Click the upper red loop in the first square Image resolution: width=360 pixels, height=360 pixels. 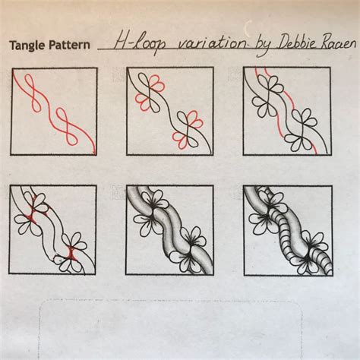tap(33, 90)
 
